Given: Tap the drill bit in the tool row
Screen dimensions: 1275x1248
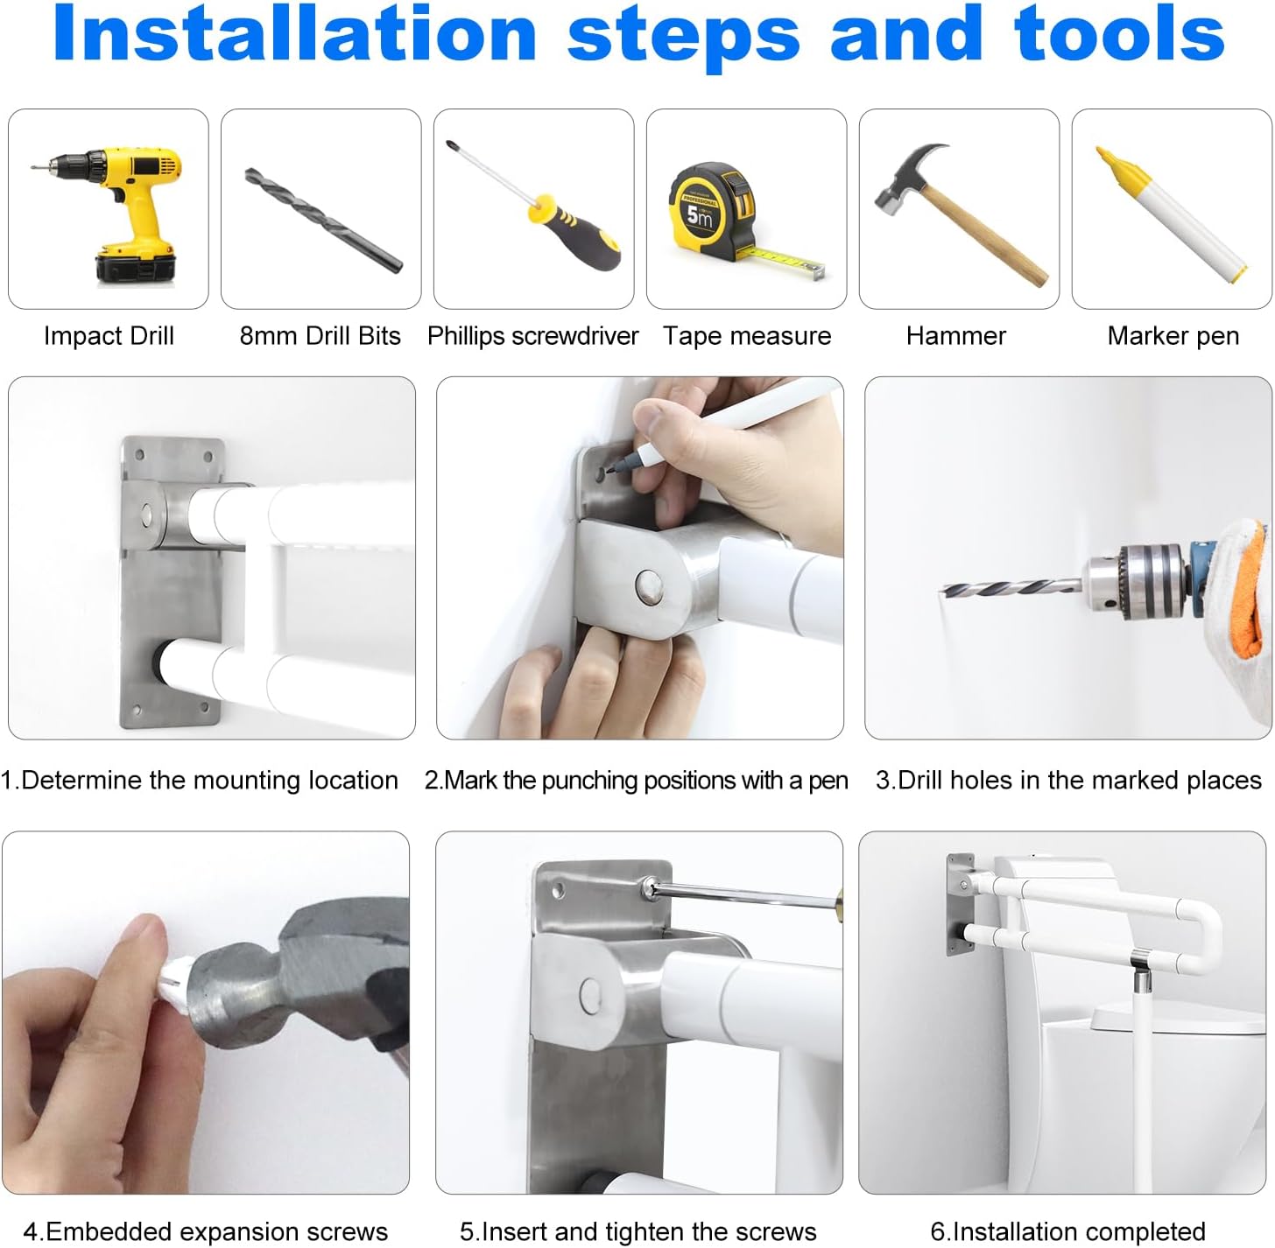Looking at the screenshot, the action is (323, 220).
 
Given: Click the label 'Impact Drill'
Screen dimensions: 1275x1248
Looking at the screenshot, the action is (109, 336).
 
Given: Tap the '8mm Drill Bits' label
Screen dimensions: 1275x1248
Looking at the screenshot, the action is (321, 336).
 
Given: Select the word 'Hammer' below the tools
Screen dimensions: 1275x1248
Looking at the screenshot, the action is (956, 336).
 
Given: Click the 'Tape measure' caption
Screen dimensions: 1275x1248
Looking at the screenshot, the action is (747, 336).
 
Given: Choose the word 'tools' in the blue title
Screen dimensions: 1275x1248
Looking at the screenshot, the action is (1119, 34).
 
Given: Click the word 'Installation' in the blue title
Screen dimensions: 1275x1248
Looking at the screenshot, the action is (295, 34).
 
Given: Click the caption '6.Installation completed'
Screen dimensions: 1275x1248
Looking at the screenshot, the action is (1068, 1231).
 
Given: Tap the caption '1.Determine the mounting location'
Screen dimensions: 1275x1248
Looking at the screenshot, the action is (199, 781).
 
